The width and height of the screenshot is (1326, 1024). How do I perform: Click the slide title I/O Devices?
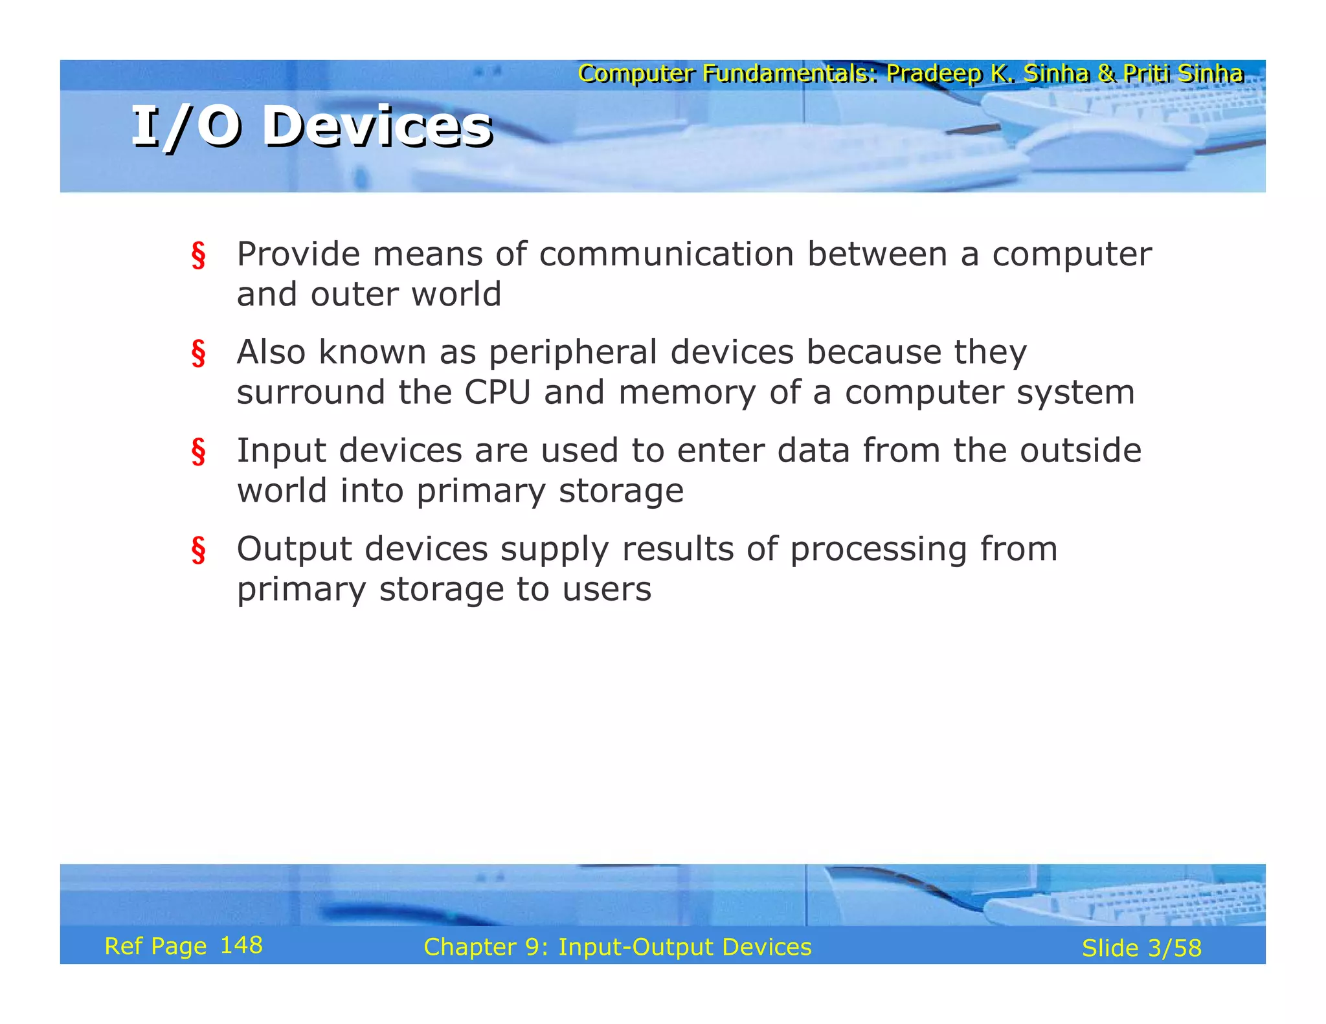(x=312, y=127)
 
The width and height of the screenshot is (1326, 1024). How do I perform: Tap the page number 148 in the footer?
(x=241, y=945)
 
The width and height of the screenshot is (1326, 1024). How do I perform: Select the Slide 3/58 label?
(x=1141, y=948)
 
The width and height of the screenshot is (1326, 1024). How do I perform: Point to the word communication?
(x=666, y=254)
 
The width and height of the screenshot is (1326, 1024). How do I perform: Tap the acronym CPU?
(x=497, y=392)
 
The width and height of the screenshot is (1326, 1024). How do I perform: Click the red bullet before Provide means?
(x=198, y=255)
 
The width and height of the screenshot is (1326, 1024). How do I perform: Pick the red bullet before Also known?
(x=198, y=353)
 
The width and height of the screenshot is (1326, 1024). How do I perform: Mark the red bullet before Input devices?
(x=198, y=452)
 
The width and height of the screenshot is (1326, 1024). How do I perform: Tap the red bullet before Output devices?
(x=198, y=550)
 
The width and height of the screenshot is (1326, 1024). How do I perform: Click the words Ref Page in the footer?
(x=155, y=946)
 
